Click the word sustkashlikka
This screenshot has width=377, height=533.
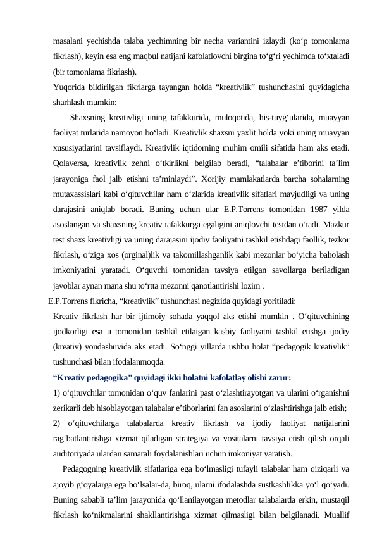tap(282, 484)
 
